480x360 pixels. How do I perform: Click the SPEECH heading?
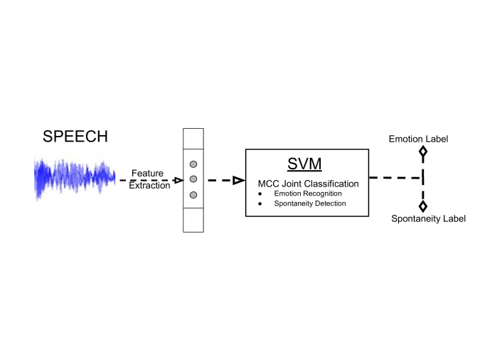[75, 137]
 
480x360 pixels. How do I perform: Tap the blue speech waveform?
[75, 179]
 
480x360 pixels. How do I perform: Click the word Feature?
[147, 173]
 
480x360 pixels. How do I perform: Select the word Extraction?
[149, 186]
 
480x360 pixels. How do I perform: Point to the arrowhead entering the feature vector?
[178, 180]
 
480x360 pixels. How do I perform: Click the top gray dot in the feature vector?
[193, 164]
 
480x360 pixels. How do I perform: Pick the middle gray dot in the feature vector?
[193, 179]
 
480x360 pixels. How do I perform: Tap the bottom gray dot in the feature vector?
[193, 195]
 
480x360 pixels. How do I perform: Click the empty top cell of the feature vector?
[193, 139]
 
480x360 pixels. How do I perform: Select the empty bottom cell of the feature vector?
[193, 220]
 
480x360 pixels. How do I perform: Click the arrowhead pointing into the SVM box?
[239, 180]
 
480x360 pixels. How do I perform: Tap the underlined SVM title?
[304, 164]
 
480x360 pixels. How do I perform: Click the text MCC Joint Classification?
[308, 184]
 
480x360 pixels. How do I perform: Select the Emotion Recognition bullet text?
[308, 194]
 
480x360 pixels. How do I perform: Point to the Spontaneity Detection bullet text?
[310, 203]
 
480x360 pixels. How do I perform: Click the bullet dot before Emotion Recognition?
[260, 194]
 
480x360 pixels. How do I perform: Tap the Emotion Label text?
[418, 139]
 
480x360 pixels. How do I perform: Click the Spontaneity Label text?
[429, 218]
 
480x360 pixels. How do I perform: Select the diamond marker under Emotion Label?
[423, 152]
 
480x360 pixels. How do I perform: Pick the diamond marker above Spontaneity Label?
[423, 206]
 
